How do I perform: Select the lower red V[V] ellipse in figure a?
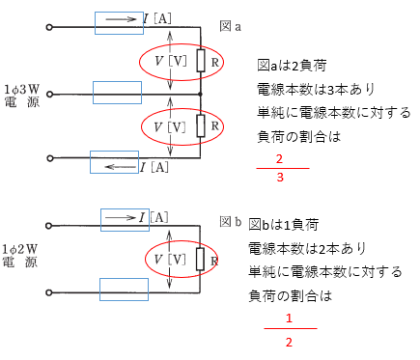171,126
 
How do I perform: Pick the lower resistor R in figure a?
200,125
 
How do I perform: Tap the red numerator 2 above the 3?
280,158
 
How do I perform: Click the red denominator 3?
280,178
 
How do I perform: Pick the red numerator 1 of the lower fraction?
289,319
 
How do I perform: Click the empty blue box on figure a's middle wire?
117,93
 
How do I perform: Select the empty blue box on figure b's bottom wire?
124,289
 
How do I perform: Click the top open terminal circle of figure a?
49,28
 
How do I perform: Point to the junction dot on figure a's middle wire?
200,94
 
